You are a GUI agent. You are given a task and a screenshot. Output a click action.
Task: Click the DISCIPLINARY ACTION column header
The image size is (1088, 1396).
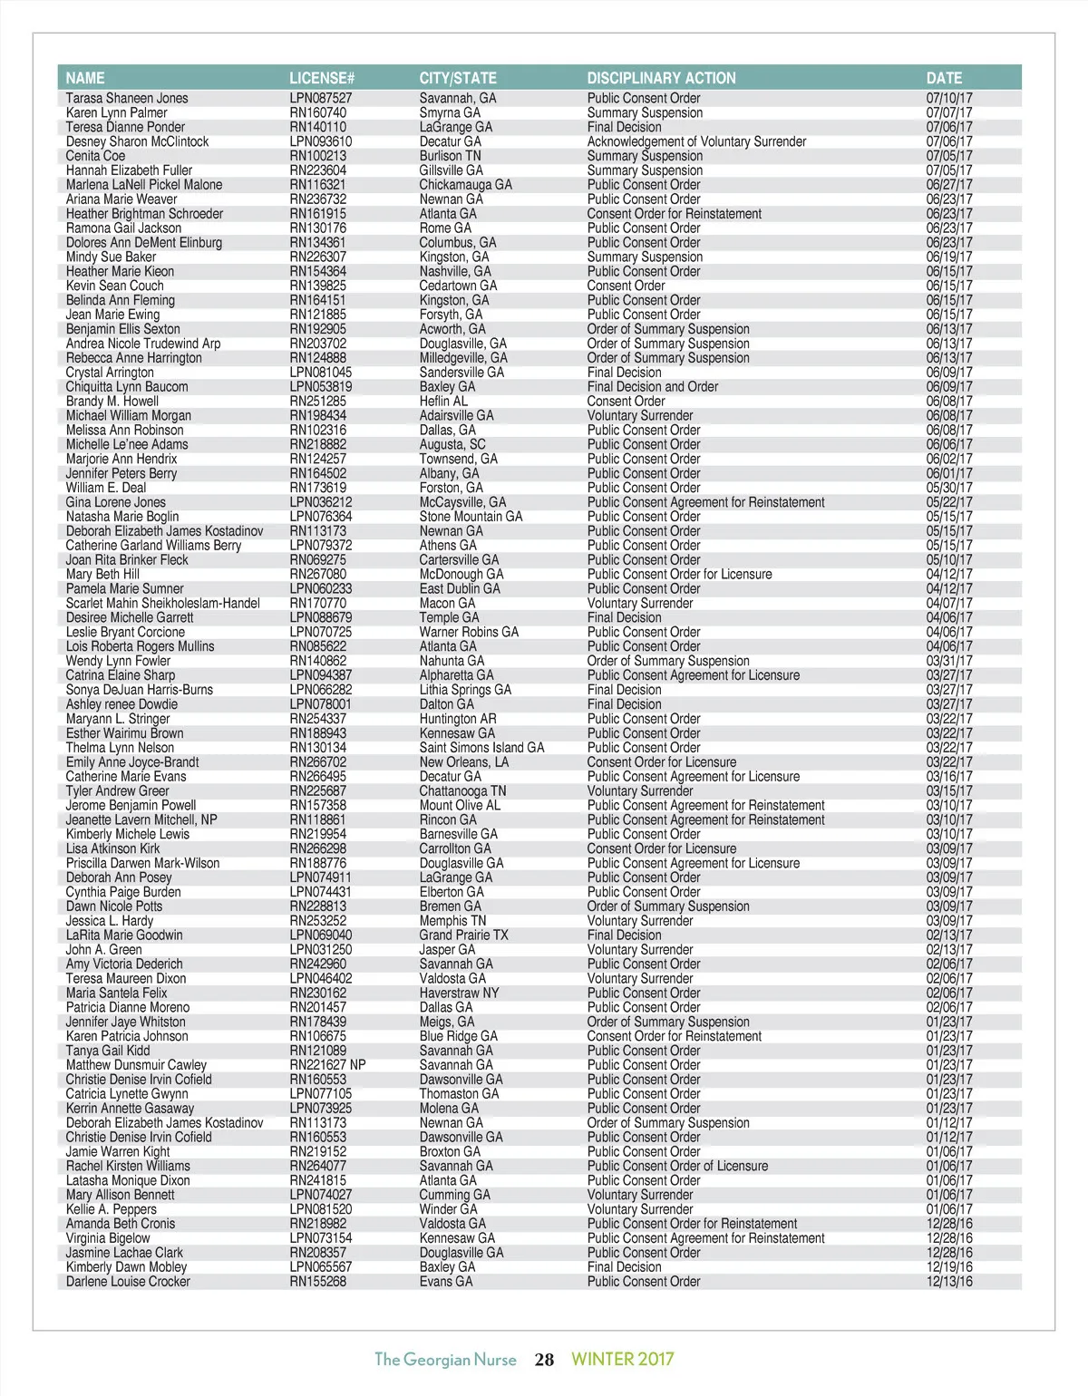click(661, 78)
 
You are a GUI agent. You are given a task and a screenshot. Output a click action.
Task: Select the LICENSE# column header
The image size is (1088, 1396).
click(322, 78)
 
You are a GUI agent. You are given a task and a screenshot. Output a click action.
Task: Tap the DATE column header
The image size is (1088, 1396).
click(944, 78)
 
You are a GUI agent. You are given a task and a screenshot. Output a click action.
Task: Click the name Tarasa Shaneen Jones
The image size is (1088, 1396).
click(127, 98)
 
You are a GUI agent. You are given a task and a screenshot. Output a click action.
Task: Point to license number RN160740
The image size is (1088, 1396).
click(317, 112)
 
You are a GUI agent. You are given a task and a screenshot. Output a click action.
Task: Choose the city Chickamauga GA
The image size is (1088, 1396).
click(465, 185)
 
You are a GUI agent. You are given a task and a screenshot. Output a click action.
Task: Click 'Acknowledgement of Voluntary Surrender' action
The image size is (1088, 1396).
click(696, 141)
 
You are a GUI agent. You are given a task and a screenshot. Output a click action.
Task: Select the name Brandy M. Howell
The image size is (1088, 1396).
click(112, 402)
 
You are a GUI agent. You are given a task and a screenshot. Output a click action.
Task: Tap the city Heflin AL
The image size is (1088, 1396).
click(443, 402)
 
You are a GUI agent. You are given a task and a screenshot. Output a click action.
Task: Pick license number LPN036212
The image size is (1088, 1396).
click(321, 502)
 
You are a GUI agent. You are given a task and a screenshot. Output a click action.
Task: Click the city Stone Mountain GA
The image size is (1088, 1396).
click(471, 517)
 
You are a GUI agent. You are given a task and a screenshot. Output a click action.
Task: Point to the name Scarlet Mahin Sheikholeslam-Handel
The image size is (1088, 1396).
click(162, 604)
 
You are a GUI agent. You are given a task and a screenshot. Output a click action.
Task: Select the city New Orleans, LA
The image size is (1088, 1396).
click(464, 762)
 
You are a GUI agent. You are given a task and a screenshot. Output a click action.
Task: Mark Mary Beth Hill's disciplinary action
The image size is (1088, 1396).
click(679, 575)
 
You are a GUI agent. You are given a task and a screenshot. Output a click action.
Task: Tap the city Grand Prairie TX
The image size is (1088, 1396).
click(463, 936)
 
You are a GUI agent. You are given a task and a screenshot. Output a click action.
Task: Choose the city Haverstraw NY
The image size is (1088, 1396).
click(459, 994)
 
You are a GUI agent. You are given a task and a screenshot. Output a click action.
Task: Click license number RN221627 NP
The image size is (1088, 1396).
click(327, 1065)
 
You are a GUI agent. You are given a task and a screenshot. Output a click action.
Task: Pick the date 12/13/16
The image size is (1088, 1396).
click(949, 1282)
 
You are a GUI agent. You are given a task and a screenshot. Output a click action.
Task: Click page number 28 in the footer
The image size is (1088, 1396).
click(544, 1359)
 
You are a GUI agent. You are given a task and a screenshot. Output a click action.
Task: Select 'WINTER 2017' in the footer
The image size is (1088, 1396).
click(622, 1359)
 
